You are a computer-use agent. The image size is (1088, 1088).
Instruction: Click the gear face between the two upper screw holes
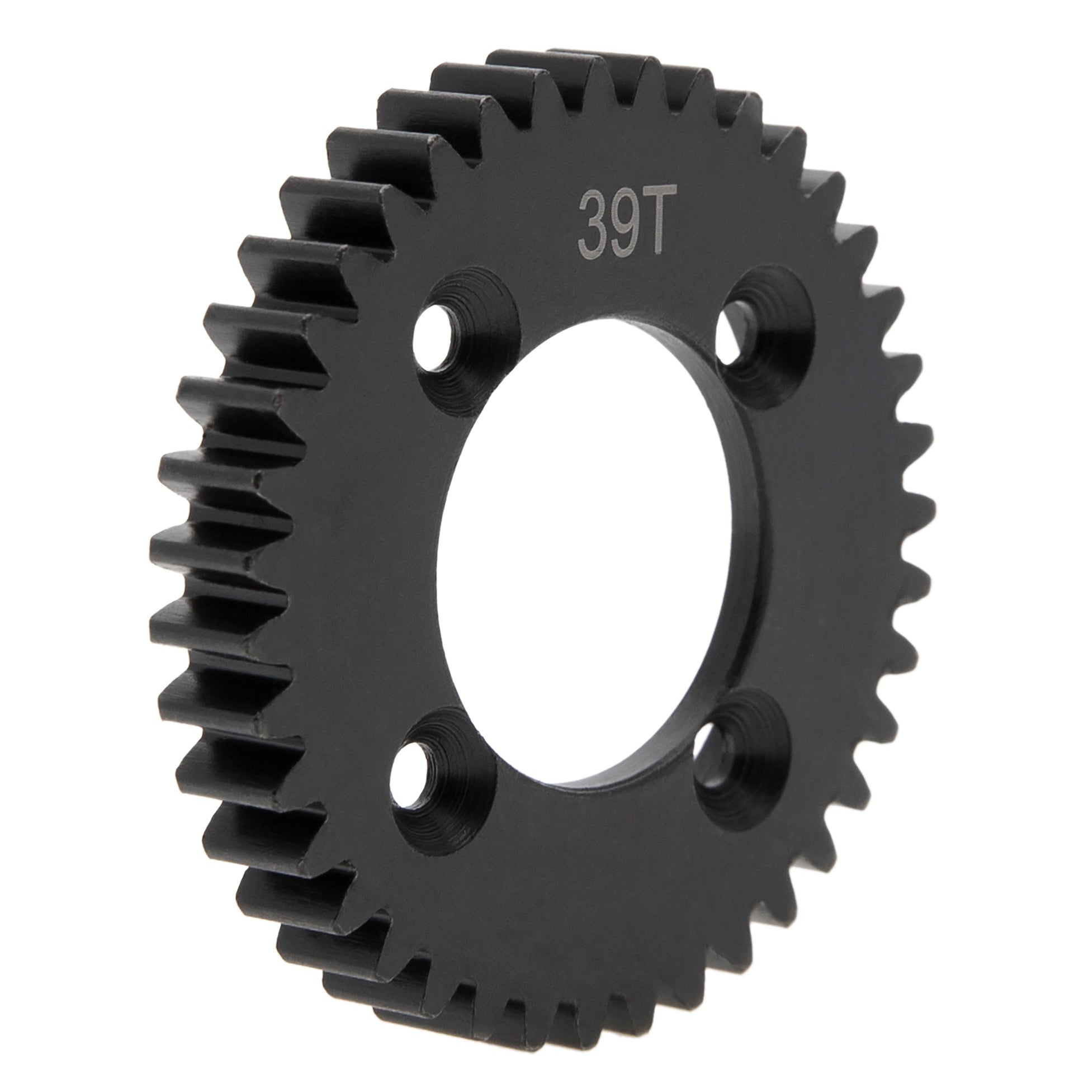click(x=614, y=304)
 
